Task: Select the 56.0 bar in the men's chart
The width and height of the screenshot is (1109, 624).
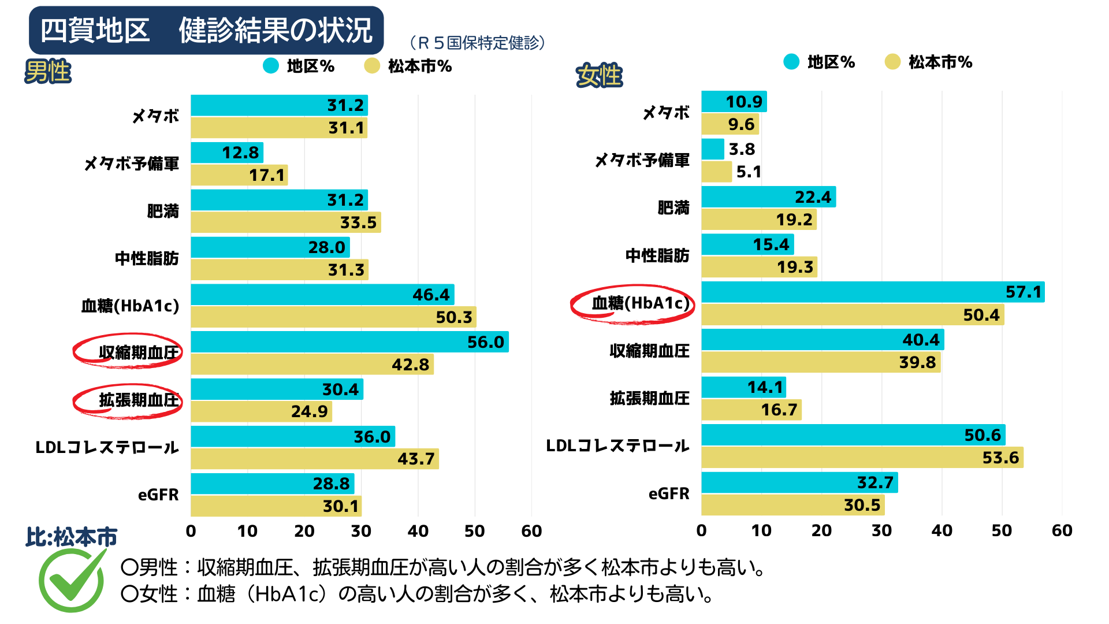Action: pyautogui.click(x=349, y=341)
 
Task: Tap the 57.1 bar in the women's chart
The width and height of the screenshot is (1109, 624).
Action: pyautogui.click(x=872, y=292)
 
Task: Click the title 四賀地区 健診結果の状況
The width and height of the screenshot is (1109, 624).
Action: pyautogui.click(x=206, y=30)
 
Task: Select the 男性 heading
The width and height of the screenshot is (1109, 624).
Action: pyautogui.click(x=48, y=72)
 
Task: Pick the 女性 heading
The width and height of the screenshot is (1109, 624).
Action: pyautogui.click(x=599, y=76)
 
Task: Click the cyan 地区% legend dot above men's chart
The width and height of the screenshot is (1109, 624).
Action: pyautogui.click(x=271, y=66)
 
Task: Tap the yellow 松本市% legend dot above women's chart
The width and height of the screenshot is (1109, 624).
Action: pyautogui.click(x=892, y=62)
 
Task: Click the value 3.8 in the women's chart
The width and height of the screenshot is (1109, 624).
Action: pyautogui.click(x=742, y=149)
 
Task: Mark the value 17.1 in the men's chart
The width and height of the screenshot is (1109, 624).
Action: pyautogui.click(x=267, y=175)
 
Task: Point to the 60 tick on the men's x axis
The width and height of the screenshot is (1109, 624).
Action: pyautogui.click(x=531, y=531)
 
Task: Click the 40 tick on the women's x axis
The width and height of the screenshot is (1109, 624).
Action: pyautogui.click(x=941, y=530)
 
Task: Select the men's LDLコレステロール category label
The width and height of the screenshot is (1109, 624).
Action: pyautogui.click(x=107, y=447)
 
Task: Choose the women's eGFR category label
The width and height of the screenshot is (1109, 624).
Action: pyautogui.click(x=669, y=493)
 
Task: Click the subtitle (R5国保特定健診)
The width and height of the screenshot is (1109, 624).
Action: pyautogui.click(x=477, y=43)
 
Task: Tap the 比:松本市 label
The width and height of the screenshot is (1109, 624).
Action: pyautogui.click(x=71, y=537)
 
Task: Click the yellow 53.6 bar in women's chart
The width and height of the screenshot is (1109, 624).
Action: pyautogui.click(x=862, y=457)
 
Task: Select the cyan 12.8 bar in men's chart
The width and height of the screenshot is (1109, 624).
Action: pyautogui.click(x=227, y=153)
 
